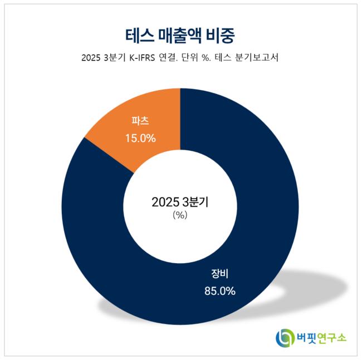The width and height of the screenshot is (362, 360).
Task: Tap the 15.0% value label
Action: (x=140, y=137)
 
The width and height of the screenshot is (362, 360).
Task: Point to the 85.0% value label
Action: (x=219, y=290)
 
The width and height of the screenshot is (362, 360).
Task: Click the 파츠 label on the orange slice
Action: (x=140, y=120)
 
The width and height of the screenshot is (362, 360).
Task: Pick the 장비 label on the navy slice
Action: (x=219, y=273)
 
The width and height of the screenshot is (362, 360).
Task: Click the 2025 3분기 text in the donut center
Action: (x=180, y=202)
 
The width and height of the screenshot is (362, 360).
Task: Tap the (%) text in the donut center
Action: (x=180, y=215)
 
